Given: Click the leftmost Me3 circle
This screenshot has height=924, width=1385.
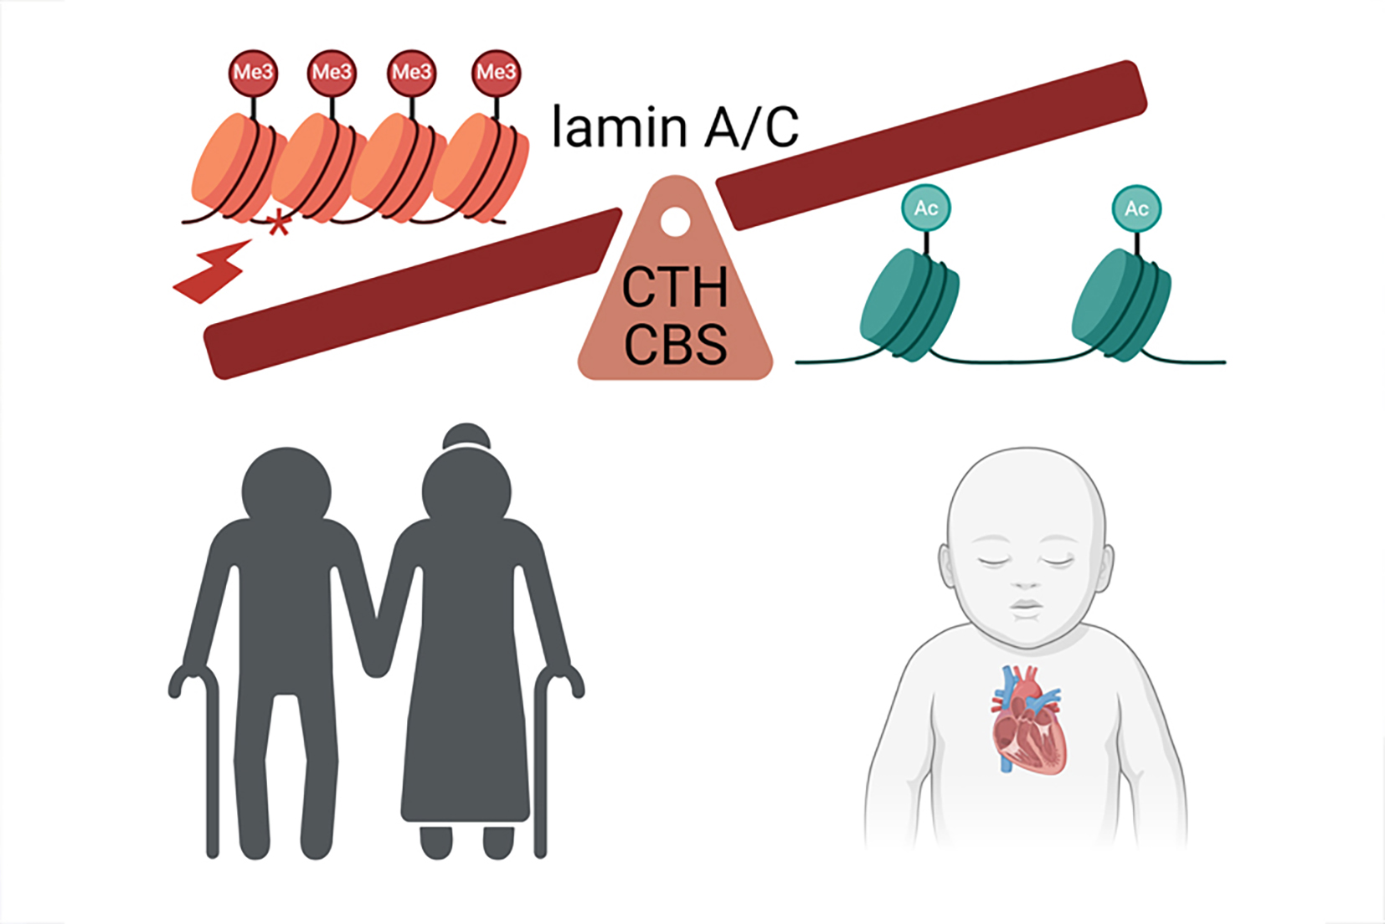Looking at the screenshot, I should pos(252,73).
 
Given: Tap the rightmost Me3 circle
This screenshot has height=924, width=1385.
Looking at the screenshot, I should pos(496,73).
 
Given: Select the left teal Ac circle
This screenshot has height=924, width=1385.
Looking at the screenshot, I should pos(925,208).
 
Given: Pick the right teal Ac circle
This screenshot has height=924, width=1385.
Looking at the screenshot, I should pos(1136,208).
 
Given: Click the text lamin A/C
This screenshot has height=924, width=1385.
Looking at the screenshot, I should pos(675,128).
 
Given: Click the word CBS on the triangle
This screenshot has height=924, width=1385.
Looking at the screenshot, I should pos(675,344).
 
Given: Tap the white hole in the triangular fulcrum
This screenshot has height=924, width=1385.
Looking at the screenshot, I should pos(675,222).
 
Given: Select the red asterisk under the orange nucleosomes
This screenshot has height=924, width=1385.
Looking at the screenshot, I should pos(278,224).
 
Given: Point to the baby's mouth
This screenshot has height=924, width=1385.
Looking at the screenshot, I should pos(1026,606).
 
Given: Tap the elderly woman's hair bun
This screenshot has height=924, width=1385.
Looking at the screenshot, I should pos(466,436).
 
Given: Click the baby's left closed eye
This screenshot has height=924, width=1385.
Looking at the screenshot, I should pos(993,559).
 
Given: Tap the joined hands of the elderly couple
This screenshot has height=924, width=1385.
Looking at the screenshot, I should pos(377,661).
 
